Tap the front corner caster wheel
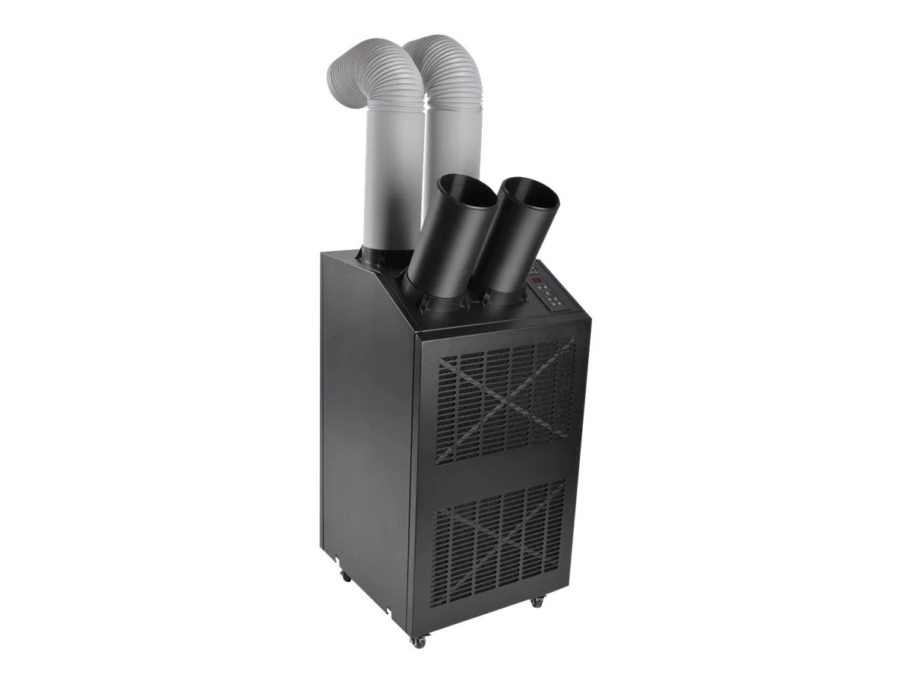[x=418, y=641]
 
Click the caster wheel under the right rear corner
[x=537, y=601]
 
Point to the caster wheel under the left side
[x=346, y=576]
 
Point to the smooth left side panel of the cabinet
[x=365, y=426]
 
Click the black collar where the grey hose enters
[x=384, y=256]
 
